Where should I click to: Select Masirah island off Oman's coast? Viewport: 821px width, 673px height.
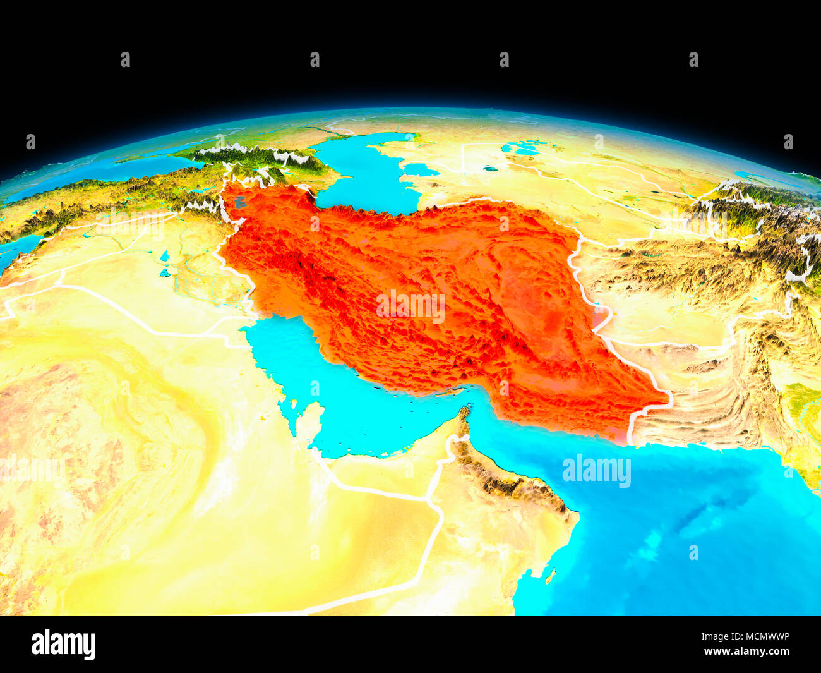click(x=550, y=576)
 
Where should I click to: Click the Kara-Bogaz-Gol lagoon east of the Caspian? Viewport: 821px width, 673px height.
click(x=420, y=169)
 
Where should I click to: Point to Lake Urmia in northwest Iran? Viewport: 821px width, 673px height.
click(x=239, y=202)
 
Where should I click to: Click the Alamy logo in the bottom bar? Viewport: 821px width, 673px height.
click(x=64, y=644)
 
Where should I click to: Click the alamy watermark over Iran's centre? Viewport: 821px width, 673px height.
click(x=410, y=306)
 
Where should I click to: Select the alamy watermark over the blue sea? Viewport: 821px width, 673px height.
click(x=596, y=471)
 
